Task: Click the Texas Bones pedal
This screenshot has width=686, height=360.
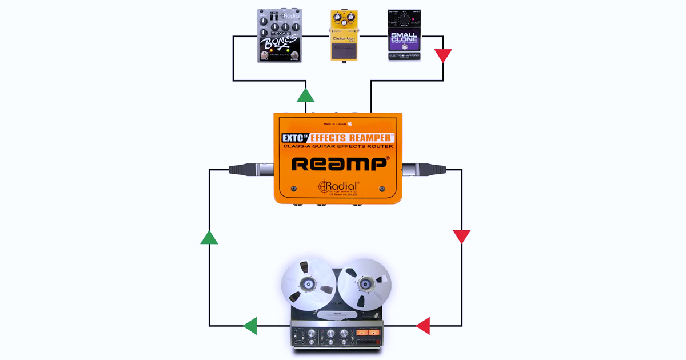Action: (279, 35)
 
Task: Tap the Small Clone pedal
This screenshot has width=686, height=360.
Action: (404, 35)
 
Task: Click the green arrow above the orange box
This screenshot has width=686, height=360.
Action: (306, 95)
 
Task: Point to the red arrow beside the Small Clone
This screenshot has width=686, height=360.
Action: (443, 55)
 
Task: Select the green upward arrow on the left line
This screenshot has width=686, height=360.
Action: (209, 237)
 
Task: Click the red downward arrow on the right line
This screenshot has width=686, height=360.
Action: (461, 237)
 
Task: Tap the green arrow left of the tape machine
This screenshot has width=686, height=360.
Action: (250, 326)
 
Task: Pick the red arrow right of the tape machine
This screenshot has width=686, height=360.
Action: (423, 326)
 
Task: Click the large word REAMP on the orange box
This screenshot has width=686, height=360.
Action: (341, 165)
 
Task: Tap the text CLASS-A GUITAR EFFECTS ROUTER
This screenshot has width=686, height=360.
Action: (338, 147)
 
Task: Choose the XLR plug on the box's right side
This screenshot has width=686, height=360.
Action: (423, 169)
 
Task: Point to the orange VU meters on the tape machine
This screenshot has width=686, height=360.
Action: (368, 333)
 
